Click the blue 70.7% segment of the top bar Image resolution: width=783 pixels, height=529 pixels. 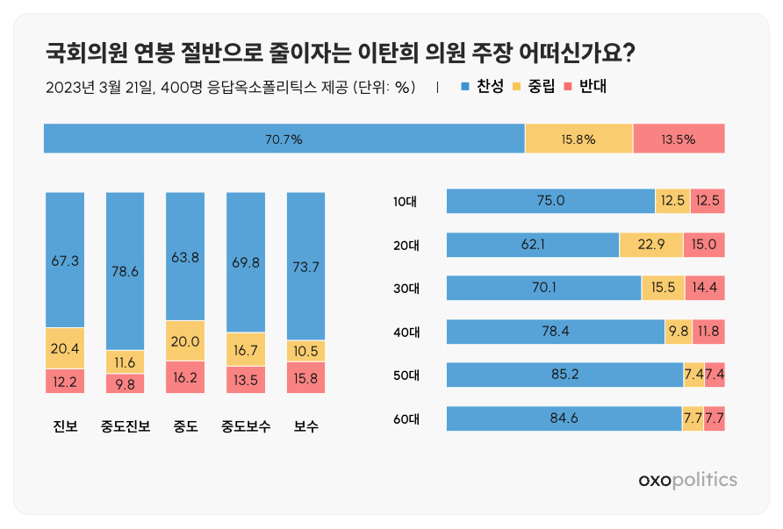(284, 139)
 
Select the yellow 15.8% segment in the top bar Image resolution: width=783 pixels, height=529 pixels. (578, 139)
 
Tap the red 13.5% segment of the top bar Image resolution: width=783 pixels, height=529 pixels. (679, 139)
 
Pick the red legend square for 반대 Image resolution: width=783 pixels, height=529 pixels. (567, 87)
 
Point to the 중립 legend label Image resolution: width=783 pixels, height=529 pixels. (542, 86)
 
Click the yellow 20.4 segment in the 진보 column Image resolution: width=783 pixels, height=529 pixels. (65, 348)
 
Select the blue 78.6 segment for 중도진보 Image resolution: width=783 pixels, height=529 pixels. (125, 271)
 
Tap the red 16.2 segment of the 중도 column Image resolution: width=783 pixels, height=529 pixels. (185, 376)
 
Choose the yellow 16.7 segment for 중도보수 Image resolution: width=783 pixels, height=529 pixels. (246, 350)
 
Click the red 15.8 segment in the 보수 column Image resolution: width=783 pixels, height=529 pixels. (305, 377)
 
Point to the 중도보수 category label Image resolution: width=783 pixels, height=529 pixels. (246, 426)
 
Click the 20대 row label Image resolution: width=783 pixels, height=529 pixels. (406, 245)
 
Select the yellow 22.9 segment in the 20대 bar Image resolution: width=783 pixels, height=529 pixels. (651, 245)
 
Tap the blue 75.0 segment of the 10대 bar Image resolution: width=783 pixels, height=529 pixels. (550, 201)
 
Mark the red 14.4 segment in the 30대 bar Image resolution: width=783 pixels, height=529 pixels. (705, 288)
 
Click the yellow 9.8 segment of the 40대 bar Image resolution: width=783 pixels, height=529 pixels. (679, 332)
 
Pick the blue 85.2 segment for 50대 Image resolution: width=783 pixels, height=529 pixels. (564, 375)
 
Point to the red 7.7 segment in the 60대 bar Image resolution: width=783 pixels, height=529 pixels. (714, 418)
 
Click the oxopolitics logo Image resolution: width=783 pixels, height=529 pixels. (687, 480)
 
